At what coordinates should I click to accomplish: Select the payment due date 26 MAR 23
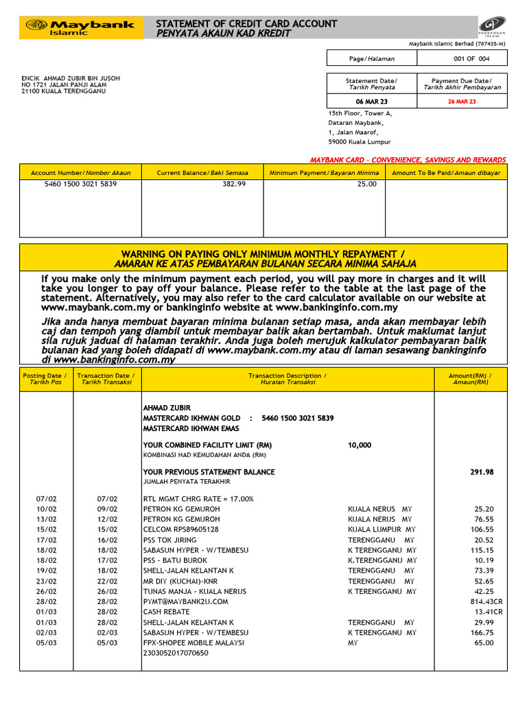461,102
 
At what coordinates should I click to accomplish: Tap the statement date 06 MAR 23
371,102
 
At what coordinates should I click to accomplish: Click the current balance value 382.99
233,185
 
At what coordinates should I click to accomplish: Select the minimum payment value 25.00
366,185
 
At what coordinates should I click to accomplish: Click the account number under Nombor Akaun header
80,185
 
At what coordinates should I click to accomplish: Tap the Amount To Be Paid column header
446,173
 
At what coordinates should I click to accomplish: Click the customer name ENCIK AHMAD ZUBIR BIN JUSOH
71,78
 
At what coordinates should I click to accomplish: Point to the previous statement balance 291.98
480,472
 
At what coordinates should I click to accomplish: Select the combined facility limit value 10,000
360,445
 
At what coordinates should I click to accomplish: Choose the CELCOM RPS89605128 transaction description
180,529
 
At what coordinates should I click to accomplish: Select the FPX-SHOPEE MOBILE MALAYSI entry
190,643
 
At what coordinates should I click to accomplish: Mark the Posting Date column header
45,379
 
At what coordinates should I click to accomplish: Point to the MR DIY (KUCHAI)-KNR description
178,581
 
